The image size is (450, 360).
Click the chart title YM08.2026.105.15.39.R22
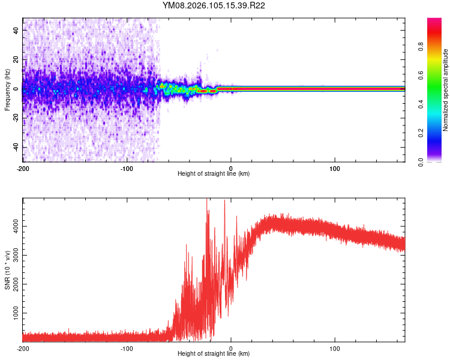pyautogui.click(x=214, y=6)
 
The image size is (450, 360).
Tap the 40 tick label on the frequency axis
pyautogui.click(x=17, y=30)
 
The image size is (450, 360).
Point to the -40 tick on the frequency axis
pyautogui.click(x=16, y=148)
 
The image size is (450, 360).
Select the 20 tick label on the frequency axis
pyautogui.click(x=17, y=59)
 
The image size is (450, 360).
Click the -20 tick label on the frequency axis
pyautogui.click(x=16, y=118)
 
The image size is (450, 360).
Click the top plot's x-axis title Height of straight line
pyautogui.click(x=214, y=173)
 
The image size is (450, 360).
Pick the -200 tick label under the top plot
pyautogui.click(x=23, y=167)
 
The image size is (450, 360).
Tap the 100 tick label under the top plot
pyautogui.click(x=335, y=167)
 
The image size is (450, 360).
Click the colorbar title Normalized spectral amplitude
pyautogui.click(x=446, y=90)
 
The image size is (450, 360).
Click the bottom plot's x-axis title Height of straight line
pyautogui.click(x=214, y=354)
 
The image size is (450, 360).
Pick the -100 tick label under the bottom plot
pyautogui.click(x=127, y=348)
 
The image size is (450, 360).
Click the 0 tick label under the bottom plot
pyautogui.click(x=231, y=348)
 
